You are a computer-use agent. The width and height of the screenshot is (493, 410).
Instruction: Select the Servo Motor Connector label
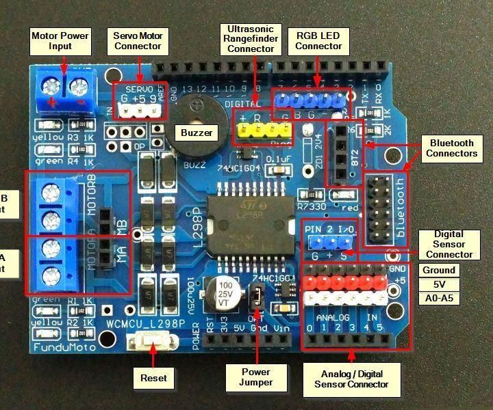(x=138, y=41)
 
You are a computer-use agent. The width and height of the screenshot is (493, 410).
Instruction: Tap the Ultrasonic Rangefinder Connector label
(x=251, y=38)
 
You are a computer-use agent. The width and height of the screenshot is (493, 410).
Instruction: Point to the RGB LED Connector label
(x=318, y=41)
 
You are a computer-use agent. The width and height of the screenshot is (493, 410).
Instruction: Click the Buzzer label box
(x=194, y=133)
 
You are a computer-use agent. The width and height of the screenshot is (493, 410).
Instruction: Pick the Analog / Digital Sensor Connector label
(x=351, y=379)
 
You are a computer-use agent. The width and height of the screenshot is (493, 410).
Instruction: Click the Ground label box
(x=439, y=270)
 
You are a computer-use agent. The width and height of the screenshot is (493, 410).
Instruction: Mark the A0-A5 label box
(x=439, y=298)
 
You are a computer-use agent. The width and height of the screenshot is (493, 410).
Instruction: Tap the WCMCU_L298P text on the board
(x=144, y=322)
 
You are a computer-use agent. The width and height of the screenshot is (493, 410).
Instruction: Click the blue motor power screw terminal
(x=66, y=92)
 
